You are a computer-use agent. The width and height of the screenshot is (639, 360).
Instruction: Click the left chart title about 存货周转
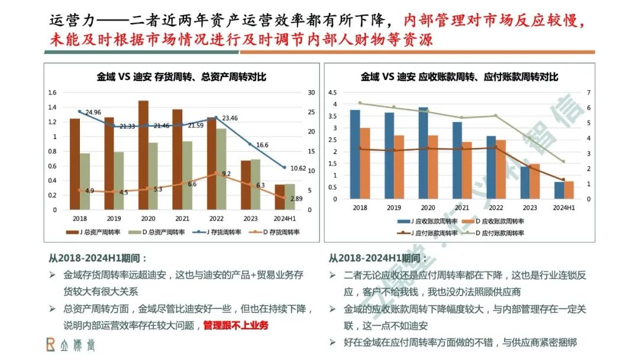182,76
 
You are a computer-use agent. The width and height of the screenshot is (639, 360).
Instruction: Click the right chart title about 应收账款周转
460,76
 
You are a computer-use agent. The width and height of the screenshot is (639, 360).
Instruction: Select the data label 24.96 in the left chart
93,112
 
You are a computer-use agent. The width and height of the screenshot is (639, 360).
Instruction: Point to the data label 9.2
227,173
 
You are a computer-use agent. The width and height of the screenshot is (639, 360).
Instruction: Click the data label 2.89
296,199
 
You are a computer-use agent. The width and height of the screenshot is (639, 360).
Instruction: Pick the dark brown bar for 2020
143,155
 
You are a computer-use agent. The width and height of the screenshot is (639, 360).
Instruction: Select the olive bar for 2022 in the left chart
221,169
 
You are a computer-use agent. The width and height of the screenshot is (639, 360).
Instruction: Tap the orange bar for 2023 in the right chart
535,181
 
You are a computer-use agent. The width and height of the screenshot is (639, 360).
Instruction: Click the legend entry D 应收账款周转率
498,221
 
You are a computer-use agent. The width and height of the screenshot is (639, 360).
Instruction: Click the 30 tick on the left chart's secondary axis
312,92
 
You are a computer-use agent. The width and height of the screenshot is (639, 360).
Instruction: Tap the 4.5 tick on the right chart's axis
332,92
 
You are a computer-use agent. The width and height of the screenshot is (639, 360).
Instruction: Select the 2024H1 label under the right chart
564,208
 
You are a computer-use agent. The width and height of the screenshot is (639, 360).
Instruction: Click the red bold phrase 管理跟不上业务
235,325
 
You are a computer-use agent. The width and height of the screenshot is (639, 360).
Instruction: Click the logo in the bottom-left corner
70,345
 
